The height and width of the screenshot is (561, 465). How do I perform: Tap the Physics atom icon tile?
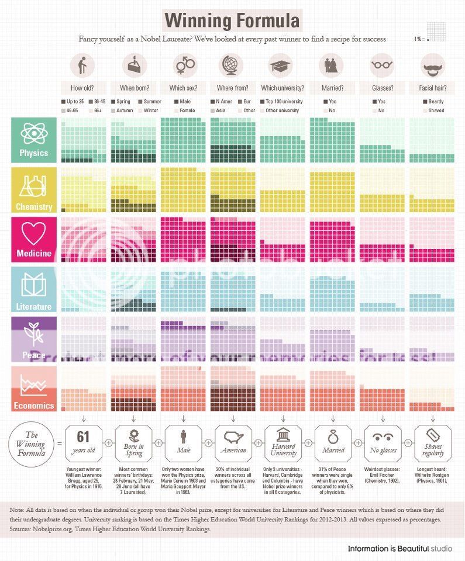coord(34,140)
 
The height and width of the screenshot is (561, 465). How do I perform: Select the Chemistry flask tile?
coord(34,189)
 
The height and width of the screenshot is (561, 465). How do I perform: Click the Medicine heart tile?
coord(34,239)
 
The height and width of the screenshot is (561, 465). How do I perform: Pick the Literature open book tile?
coord(34,289)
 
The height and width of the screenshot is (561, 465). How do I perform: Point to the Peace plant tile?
coord(34,339)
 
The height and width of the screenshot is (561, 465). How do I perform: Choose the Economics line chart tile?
coord(34,389)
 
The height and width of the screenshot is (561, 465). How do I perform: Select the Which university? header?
coord(283,88)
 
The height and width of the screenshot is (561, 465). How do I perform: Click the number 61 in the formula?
coord(84,436)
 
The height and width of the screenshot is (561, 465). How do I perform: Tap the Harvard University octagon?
coord(283,442)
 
